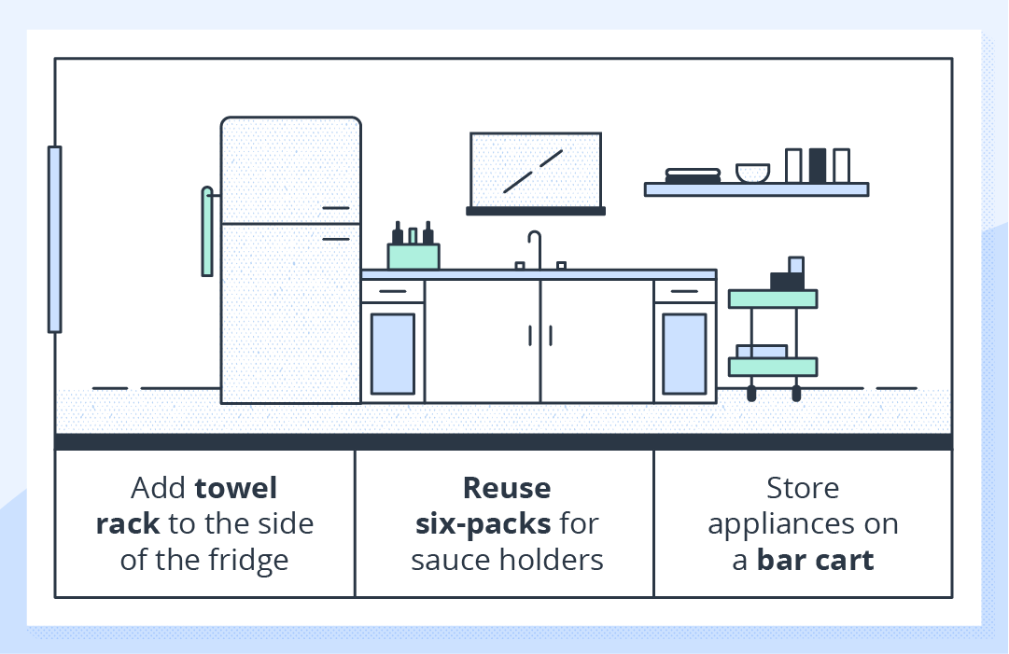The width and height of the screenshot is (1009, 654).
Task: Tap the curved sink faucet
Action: click(x=535, y=246)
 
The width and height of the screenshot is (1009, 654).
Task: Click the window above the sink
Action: click(x=535, y=170)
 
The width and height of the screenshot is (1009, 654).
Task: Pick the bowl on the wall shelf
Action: click(x=752, y=174)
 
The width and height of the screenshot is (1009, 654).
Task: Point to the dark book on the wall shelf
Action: click(x=818, y=165)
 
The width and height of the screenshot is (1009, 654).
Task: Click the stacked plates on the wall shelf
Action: click(x=693, y=174)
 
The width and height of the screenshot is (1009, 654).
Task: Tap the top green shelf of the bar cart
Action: click(x=773, y=299)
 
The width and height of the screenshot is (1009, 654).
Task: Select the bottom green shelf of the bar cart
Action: click(x=773, y=367)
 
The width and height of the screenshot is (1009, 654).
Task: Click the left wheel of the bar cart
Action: click(x=752, y=394)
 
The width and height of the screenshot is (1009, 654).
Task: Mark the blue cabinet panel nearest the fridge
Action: click(x=393, y=353)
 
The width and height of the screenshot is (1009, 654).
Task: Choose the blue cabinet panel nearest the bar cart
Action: click(x=685, y=353)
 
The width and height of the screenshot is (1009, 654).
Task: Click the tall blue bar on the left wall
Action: click(x=55, y=239)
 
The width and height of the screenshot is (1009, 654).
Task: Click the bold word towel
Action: click(x=236, y=488)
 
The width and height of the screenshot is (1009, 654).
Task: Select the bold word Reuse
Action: click(x=507, y=488)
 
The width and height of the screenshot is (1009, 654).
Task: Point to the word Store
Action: click(x=803, y=488)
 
